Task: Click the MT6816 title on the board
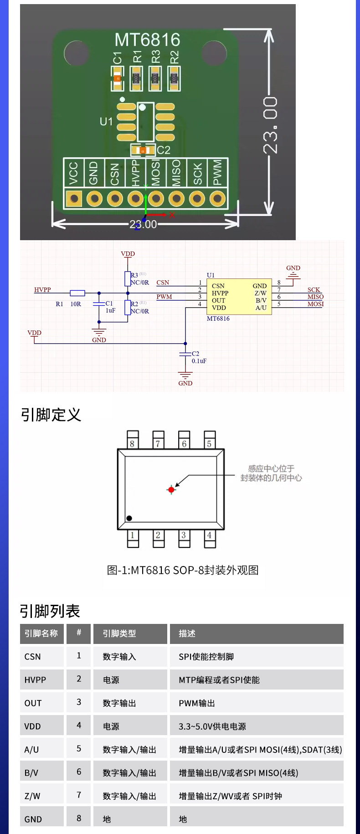pyautogui.click(x=147, y=40)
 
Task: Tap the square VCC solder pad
pyautogui.click(x=74, y=199)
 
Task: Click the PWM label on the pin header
pyautogui.click(x=217, y=172)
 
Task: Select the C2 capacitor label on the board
pyautogui.click(x=164, y=150)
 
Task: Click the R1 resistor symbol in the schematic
pyautogui.click(x=77, y=293)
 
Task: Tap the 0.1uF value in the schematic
pyautogui.click(x=199, y=361)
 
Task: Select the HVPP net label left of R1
pyautogui.click(x=42, y=290)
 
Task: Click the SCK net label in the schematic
pyautogui.click(x=314, y=290)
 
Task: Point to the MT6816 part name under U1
pyautogui.click(x=218, y=319)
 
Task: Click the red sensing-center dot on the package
pyautogui.click(x=171, y=490)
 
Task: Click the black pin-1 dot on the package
pyautogui.click(x=129, y=518)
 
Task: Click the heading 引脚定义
pyautogui.click(x=51, y=415)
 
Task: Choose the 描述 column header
pyautogui.click(x=187, y=633)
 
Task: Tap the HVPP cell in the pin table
pyautogui.click(x=35, y=680)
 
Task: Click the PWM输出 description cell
pyautogui.click(x=197, y=703)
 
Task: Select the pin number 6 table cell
pyautogui.click(x=79, y=772)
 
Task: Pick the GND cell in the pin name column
pyautogui.click(x=33, y=819)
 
